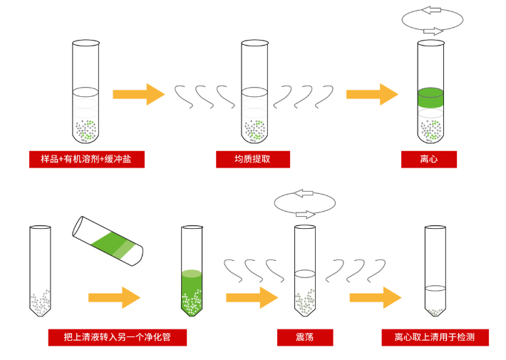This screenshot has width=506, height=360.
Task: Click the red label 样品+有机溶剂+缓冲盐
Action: [86, 159]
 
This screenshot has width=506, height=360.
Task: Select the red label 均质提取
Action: [252, 159]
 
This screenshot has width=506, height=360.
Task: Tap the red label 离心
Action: [428, 159]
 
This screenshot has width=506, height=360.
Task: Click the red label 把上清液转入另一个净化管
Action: [117, 336]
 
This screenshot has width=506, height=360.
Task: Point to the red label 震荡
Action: [305, 336]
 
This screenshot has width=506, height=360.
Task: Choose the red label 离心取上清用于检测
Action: [435, 336]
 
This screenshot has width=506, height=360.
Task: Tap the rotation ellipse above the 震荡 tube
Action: [305, 203]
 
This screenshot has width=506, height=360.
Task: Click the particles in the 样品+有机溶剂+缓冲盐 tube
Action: [86, 129]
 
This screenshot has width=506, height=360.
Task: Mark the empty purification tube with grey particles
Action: [40, 271]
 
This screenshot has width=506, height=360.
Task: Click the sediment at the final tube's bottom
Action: [435, 312]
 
